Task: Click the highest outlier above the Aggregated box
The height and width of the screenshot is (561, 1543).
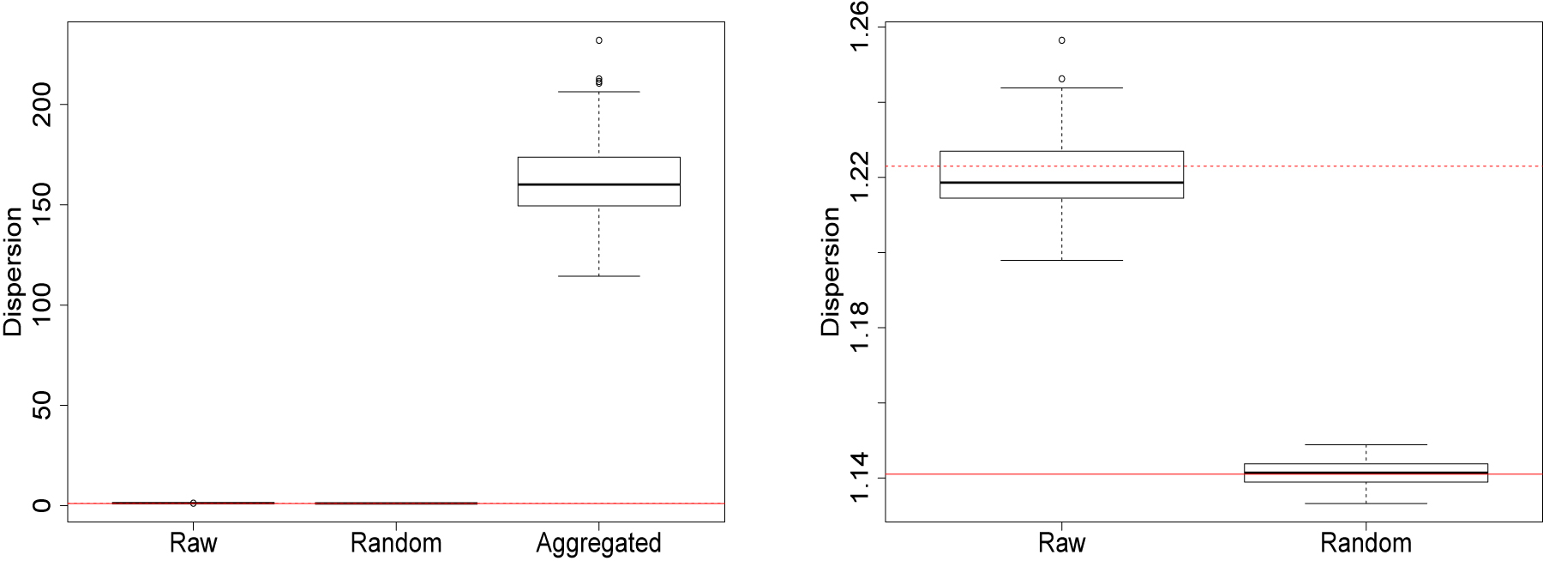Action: tap(598, 40)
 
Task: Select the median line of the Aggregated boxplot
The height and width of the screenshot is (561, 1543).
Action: tap(598, 184)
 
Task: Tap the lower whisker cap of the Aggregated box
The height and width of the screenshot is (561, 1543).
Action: tap(598, 276)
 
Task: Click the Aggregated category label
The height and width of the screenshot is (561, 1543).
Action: tap(598, 543)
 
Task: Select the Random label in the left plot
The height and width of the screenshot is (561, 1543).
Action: tap(396, 543)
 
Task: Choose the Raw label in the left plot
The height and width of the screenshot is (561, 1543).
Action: tap(194, 543)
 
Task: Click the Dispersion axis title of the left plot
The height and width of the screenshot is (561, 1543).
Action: tap(13, 272)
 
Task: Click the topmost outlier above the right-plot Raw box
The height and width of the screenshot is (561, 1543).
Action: tap(1061, 40)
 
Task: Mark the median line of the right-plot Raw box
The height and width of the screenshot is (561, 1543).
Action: tap(1061, 183)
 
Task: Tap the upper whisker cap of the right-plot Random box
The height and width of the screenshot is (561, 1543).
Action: tap(1366, 444)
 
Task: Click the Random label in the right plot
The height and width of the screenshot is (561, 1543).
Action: tap(1366, 543)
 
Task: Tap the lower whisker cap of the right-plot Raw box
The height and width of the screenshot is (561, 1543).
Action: tap(1061, 260)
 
